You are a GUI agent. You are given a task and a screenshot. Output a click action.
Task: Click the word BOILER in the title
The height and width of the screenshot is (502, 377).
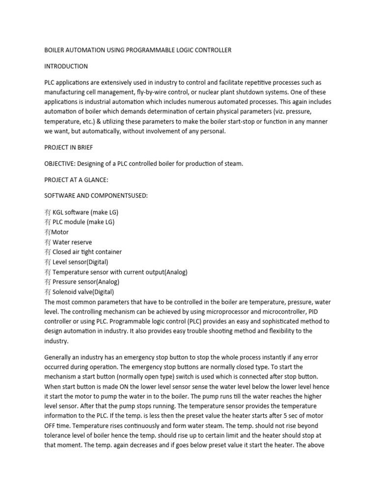pos(56,50)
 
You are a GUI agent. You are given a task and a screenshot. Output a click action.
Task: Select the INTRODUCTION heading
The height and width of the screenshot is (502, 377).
pos(66,66)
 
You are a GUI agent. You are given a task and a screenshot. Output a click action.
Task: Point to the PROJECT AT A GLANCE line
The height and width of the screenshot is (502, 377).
pos(76,180)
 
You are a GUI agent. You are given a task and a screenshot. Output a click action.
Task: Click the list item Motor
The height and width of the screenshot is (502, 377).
pos(60,232)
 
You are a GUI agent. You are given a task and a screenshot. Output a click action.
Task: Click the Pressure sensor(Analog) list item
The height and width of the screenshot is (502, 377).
pos(86,282)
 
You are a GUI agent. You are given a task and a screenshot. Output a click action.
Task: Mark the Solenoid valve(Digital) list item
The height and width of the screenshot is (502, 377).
pos(83,292)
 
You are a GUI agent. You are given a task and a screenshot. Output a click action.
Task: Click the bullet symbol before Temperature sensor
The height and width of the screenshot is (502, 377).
pos(48,272)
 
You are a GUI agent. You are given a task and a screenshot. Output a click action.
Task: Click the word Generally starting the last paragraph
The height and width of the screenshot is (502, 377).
pos(59,357)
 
